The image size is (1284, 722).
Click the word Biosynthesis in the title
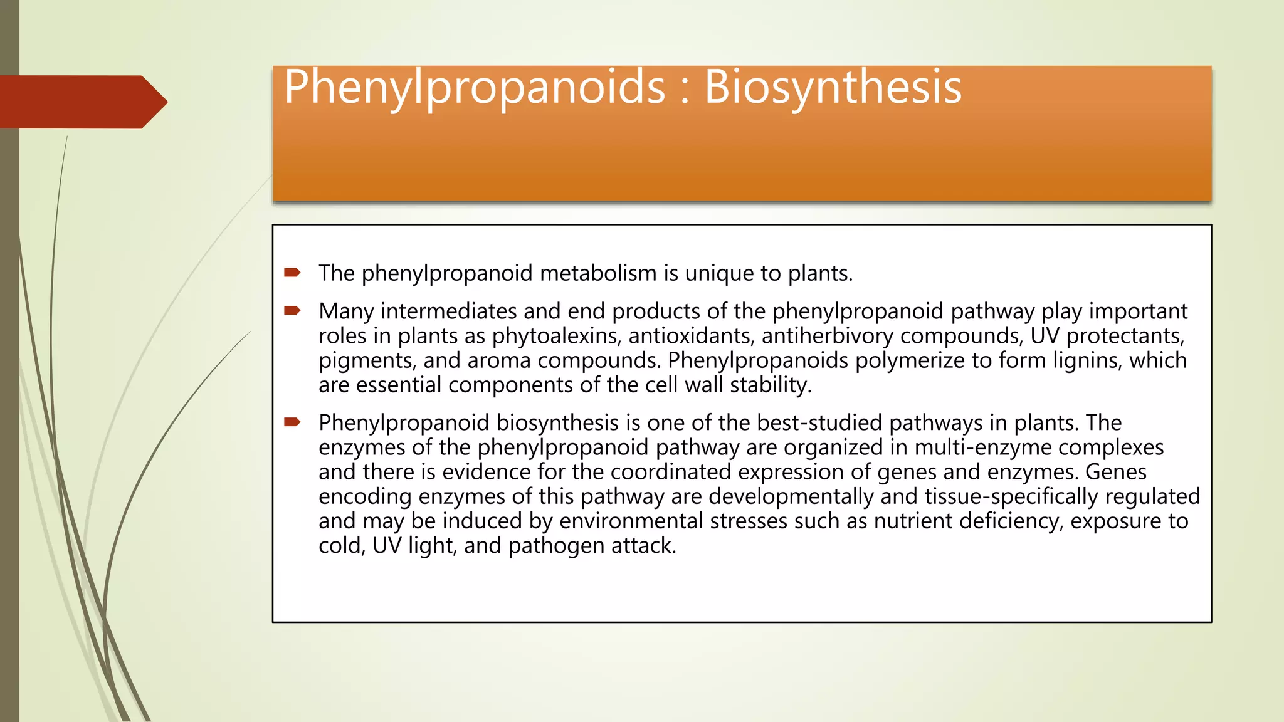[x=833, y=88]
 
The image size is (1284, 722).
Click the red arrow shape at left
[x=82, y=102]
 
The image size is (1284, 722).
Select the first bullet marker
[x=292, y=272]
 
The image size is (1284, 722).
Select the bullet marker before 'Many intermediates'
[x=292, y=310]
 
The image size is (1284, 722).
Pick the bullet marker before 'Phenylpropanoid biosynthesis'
[x=292, y=422]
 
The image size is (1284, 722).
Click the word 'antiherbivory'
[x=828, y=336]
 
